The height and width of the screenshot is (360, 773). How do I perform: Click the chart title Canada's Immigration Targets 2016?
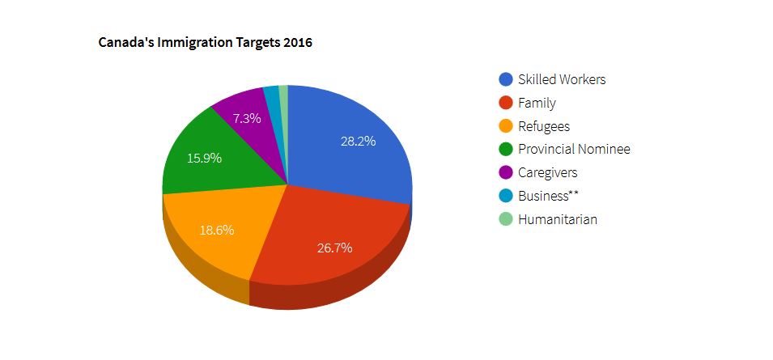pos(205,43)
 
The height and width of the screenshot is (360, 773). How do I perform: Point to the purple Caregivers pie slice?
pos(251,121)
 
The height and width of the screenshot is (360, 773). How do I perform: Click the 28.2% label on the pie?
pos(358,141)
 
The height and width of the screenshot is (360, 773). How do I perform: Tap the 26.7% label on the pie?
pos(334,248)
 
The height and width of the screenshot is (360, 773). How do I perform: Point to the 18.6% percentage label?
pos(216,230)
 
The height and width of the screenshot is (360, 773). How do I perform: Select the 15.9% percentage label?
pos(204,158)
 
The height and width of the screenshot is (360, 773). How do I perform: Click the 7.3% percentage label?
pos(247,118)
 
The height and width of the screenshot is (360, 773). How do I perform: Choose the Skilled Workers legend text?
pos(562,79)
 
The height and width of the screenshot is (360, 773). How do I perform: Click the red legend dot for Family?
pos(506,103)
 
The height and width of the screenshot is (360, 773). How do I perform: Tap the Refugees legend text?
pos(544,126)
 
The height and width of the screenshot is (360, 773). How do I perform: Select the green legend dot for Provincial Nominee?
pos(506,150)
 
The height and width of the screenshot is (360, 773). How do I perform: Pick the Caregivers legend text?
pos(548,172)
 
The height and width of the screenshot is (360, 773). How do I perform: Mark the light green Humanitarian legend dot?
pos(506,219)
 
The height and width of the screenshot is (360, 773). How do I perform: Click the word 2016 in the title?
pos(297,43)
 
